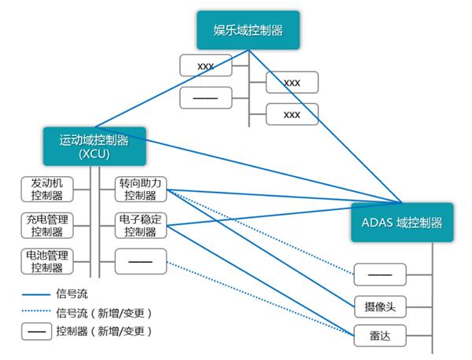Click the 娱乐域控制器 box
click(249, 31)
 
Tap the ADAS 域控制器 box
click(402, 222)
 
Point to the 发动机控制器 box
click(47, 189)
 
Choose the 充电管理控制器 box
click(47, 225)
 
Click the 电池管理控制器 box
click(47, 261)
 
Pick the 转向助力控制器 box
click(141, 189)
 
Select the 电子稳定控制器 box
click(141, 225)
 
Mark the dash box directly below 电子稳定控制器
click(141, 261)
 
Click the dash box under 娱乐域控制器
click(205, 98)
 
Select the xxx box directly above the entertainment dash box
click(205, 65)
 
